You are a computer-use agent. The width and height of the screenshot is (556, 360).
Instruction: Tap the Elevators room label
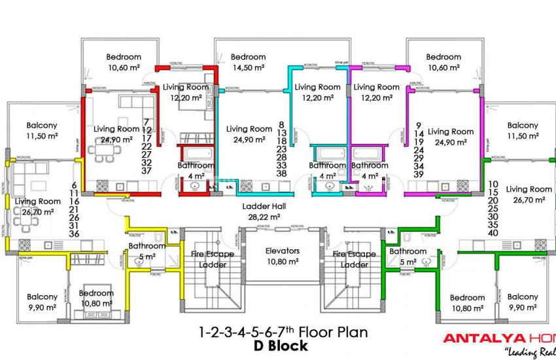coord(283,251)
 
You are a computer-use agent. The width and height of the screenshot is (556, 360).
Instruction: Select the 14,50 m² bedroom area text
coord(248,67)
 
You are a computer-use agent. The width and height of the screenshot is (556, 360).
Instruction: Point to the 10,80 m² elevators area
coord(283,261)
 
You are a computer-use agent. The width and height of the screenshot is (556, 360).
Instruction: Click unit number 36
coord(74,234)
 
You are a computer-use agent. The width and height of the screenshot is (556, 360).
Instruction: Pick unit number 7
coord(147,122)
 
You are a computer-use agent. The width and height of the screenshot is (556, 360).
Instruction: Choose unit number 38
coord(281,173)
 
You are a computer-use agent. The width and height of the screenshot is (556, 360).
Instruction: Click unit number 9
coord(419,124)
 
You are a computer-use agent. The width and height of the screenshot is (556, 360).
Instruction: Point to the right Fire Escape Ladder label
coord(354,259)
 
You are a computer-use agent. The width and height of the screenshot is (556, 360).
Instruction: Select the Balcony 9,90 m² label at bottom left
coord(43,302)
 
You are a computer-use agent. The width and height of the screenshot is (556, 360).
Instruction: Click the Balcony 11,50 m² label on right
coord(523,130)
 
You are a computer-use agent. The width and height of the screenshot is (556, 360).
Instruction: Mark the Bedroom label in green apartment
coord(467,297)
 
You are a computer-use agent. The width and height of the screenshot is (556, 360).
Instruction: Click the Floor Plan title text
coord(283,333)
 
